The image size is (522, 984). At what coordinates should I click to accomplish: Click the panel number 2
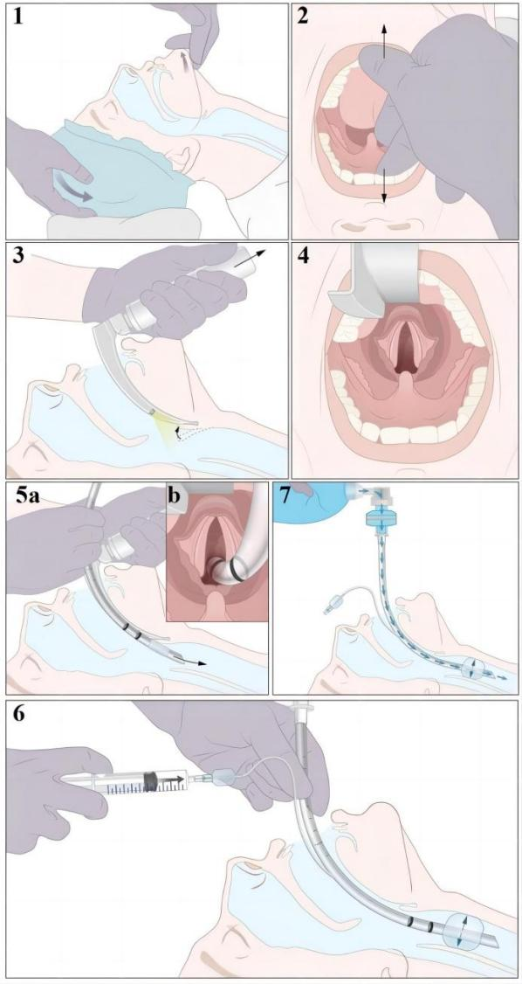click(303, 17)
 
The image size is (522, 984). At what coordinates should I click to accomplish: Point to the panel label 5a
click(28, 497)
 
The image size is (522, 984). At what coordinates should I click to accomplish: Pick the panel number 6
click(19, 715)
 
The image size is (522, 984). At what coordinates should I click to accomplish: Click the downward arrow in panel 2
click(384, 185)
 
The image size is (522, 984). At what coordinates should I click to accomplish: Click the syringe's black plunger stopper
click(151, 780)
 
